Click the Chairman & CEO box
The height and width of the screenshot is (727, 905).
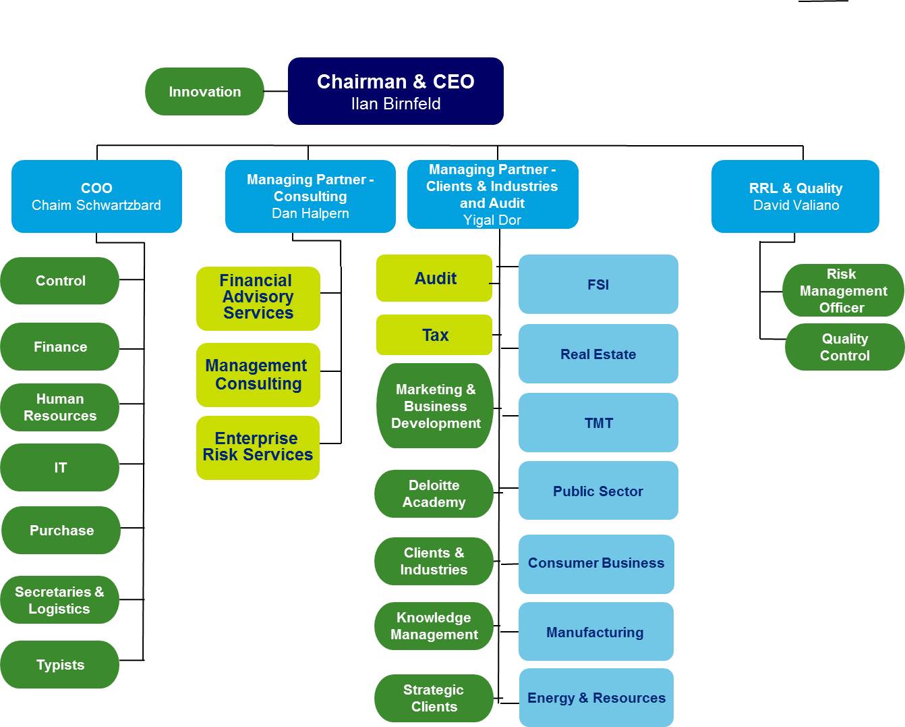click(x=395, y=91)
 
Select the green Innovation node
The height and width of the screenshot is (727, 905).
click(x=204, y=92)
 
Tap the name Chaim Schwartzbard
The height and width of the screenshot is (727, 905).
click(x=96, y=205)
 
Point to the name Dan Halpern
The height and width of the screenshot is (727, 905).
click(x=310, y=213)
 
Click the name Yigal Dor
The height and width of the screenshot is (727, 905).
click(x=492, y=220)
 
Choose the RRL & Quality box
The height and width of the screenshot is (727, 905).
click(x=795, y=196)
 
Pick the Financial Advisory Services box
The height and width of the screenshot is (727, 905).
click(x=258, y=298)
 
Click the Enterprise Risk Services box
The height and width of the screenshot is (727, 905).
click(x=258, y=448)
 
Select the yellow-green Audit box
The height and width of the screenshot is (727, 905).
click(x=435, y=278)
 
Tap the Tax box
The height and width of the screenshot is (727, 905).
click(x=435, y=335)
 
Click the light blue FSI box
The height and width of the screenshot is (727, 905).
click(x=598, y=284)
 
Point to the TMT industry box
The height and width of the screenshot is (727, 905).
click(x=598, y=423)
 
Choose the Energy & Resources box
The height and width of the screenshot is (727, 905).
click(x=596, y=698)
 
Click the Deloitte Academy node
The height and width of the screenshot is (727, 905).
click(x=434, y=494)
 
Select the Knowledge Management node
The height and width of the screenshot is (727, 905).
click(x=434, y=626)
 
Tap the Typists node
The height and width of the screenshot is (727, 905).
click(x=60, y=665)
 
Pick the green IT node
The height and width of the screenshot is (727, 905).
click(x=60, y=468)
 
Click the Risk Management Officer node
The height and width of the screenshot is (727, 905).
click(x=842, y=291)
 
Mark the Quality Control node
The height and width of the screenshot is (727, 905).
click(x=844, y=348)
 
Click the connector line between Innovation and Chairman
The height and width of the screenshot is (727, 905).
click(x=276, y=91)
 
